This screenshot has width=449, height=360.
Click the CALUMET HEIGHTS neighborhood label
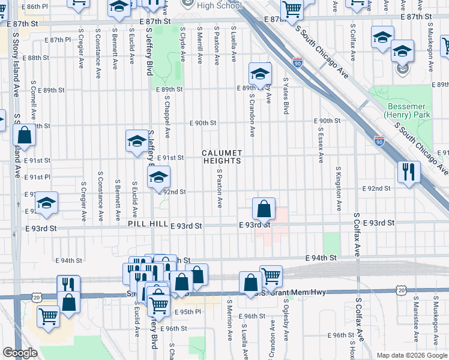[x=221, y=157]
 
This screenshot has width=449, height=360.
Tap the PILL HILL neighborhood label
[x=147, y=224]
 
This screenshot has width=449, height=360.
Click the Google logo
[x=20, y=353]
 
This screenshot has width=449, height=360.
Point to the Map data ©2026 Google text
[x=411, y=355]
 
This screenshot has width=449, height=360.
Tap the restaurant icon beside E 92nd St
[x=408, y=173]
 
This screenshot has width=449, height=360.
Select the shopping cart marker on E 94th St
[x=271, y=277]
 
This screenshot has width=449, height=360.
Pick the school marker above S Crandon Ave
[x=260, y=74]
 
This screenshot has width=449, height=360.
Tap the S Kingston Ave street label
[x=339, y=188]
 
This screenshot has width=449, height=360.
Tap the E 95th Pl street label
[x=186, y=313]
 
